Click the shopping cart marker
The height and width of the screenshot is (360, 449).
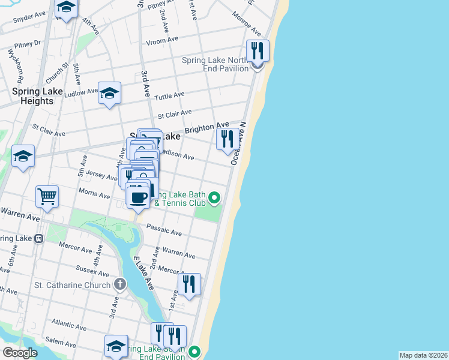tap(47, 196)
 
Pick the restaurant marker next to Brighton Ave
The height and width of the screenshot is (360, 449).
tap(226, 140)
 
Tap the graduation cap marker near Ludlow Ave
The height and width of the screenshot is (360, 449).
tap(109, 93)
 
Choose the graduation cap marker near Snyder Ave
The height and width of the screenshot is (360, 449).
tap(66, 8)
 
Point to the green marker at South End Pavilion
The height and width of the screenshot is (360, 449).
tap(194, 352)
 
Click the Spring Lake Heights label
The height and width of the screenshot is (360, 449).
tap(33, 96)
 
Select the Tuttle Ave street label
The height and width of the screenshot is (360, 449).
tap(169, 96)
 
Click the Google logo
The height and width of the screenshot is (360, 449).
tap(20, 353)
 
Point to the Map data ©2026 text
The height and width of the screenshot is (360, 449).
tap(423, 355)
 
